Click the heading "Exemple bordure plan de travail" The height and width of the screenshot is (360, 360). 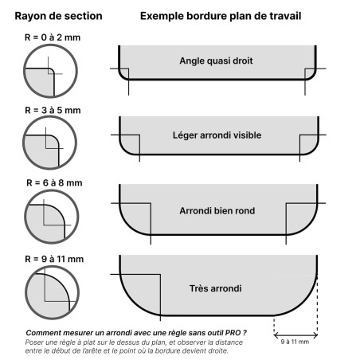click(221, 16)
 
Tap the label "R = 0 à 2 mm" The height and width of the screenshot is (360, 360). click(53, 37)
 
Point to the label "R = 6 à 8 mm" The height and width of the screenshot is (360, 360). click(53, 183)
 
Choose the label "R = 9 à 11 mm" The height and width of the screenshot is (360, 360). click(53, 259)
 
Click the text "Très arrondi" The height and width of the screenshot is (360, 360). click(216, 288)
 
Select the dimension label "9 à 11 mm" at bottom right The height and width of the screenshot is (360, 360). click(296, 342)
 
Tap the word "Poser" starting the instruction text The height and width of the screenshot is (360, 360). click(35, 341)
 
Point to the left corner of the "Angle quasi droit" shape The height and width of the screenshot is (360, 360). click(123, 73)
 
